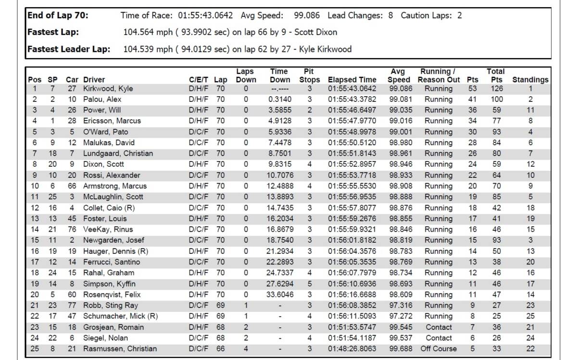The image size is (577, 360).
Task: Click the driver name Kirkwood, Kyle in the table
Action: [108, 88]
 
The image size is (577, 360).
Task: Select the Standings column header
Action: [530, 80]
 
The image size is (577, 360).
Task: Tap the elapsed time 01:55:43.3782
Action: [352, 99]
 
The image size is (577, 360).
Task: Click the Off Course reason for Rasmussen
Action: [438, 349]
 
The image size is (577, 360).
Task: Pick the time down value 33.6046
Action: [279, 295]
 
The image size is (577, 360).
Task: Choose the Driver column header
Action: [94, 80]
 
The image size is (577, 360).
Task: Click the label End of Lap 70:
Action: [58, 15]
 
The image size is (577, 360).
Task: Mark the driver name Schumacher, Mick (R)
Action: [120, 316]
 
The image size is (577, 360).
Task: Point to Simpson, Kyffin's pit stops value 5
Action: [309, 284]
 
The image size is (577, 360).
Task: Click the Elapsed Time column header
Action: [352, 80]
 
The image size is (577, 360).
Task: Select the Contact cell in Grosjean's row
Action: [439, 327]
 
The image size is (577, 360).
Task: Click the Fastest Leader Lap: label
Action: [69, 49]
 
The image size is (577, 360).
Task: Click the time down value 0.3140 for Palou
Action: [279, 99]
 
